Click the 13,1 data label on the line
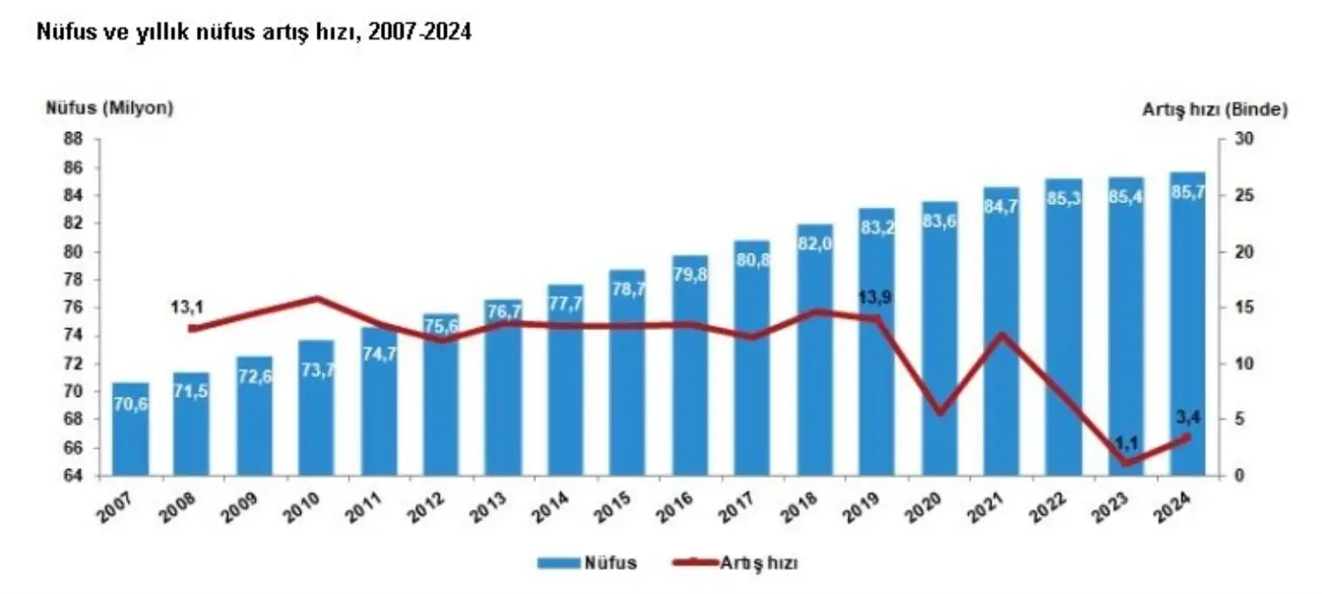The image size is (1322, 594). [186, 308]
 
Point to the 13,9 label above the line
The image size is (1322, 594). [874, 298]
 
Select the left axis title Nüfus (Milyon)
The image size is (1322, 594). [110, 108]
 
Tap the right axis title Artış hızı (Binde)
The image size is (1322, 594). [1215, 110]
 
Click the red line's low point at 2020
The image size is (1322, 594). [939, 412]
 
